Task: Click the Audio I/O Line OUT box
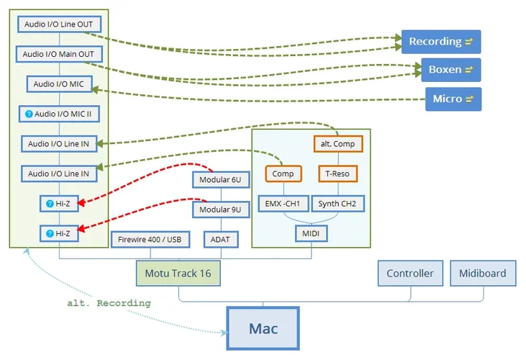(x=58, y=24)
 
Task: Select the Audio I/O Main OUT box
(x=58, y=54)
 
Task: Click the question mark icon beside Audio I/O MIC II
(x=29, y=114)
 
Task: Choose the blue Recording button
(x=440, y=42)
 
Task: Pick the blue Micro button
(x=453, y=99)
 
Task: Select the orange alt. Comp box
(x=337, y=144)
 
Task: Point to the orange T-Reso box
(x=337, y=174)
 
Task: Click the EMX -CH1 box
(x=283, y=204)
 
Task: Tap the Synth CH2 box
(x=337, y=204)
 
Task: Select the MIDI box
(x=311, y=233)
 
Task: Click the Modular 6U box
(x=220, y=179)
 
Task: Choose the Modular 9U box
(x=220, y=210)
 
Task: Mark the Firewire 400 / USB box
(x=150, y=239)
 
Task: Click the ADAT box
(x=220, y=239)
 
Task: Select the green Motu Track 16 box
(x=178, y=274)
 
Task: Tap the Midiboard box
(x=482, y=274)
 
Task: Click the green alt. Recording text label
(x=109, y=303)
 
